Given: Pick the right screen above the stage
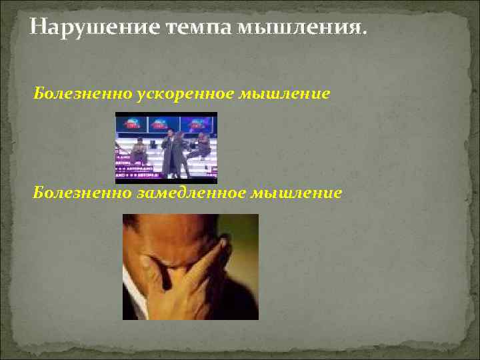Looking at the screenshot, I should pos(198,124).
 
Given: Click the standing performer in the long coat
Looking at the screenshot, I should pos(172,153).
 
